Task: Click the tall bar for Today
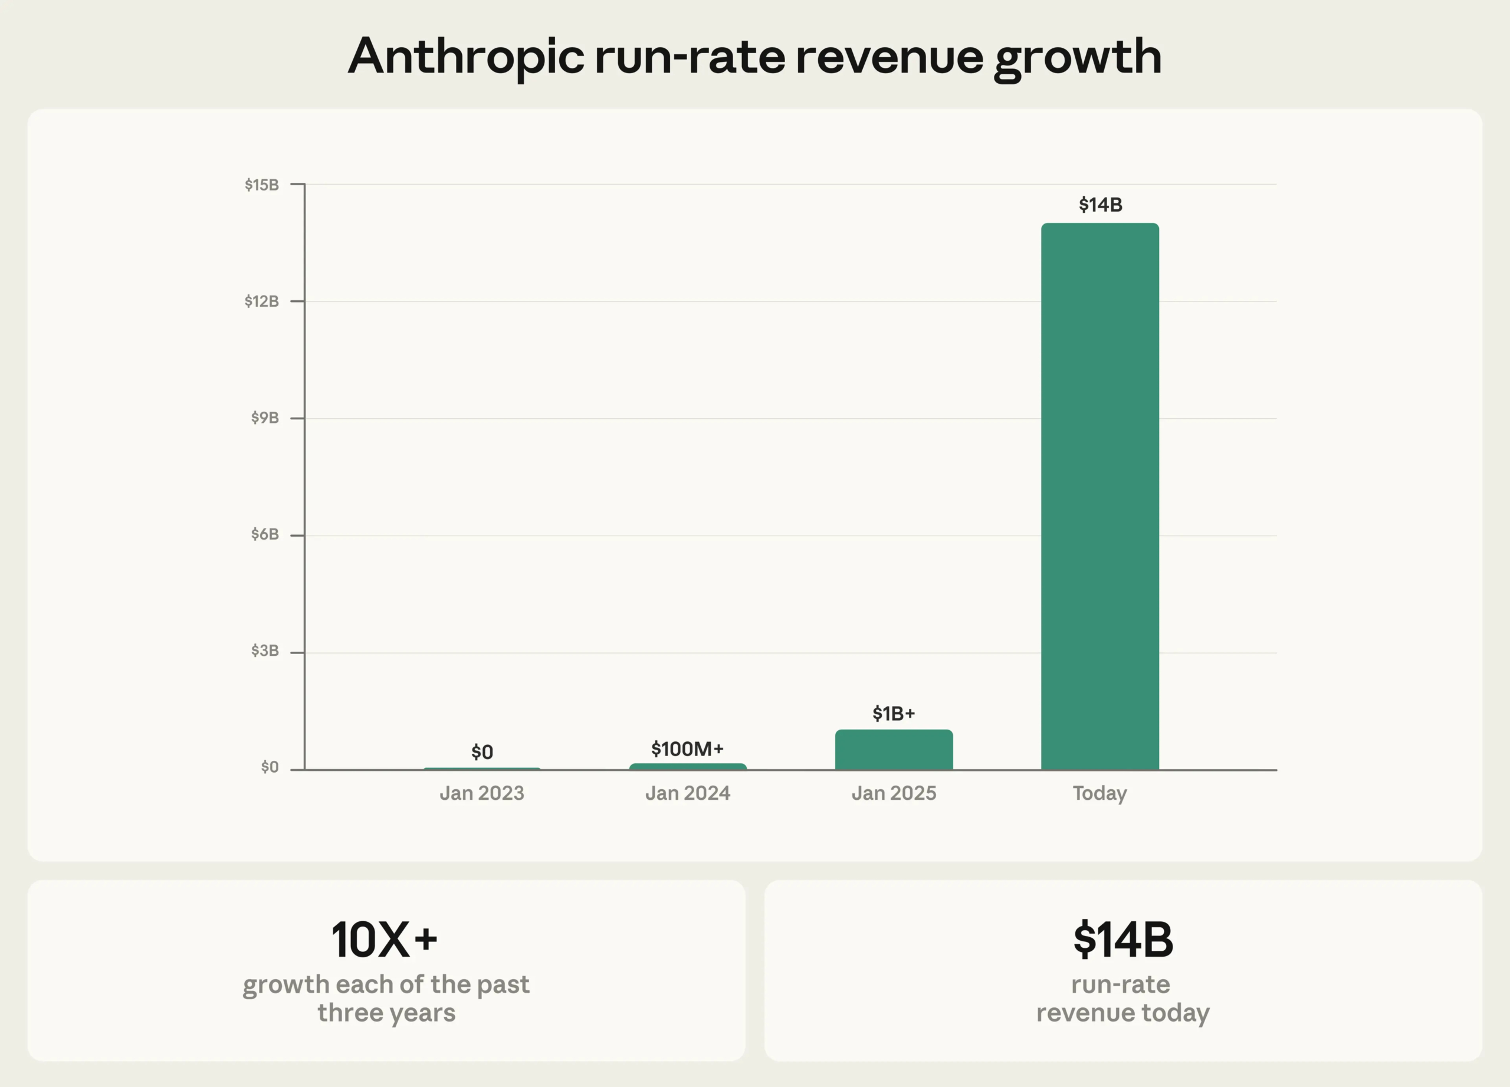[1100, 496]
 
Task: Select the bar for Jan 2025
[894, 750]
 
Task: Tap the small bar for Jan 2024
[688, 766]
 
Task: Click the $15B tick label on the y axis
[262, 185]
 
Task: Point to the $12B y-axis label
[262, 301]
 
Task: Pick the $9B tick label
[265, 418]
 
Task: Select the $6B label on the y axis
[265, 534]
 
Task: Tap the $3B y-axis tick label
[265, 651]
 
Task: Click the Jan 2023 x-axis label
[481, 793]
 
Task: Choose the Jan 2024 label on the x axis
[688, 793]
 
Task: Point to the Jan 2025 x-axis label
[894, 793]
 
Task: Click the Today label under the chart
[1100, 793]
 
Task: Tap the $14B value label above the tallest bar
[1100, 204]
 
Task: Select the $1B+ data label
[894, 714]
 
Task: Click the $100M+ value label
[687, 749]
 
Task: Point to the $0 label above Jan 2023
[482, 752]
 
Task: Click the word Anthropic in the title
[466, 57]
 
